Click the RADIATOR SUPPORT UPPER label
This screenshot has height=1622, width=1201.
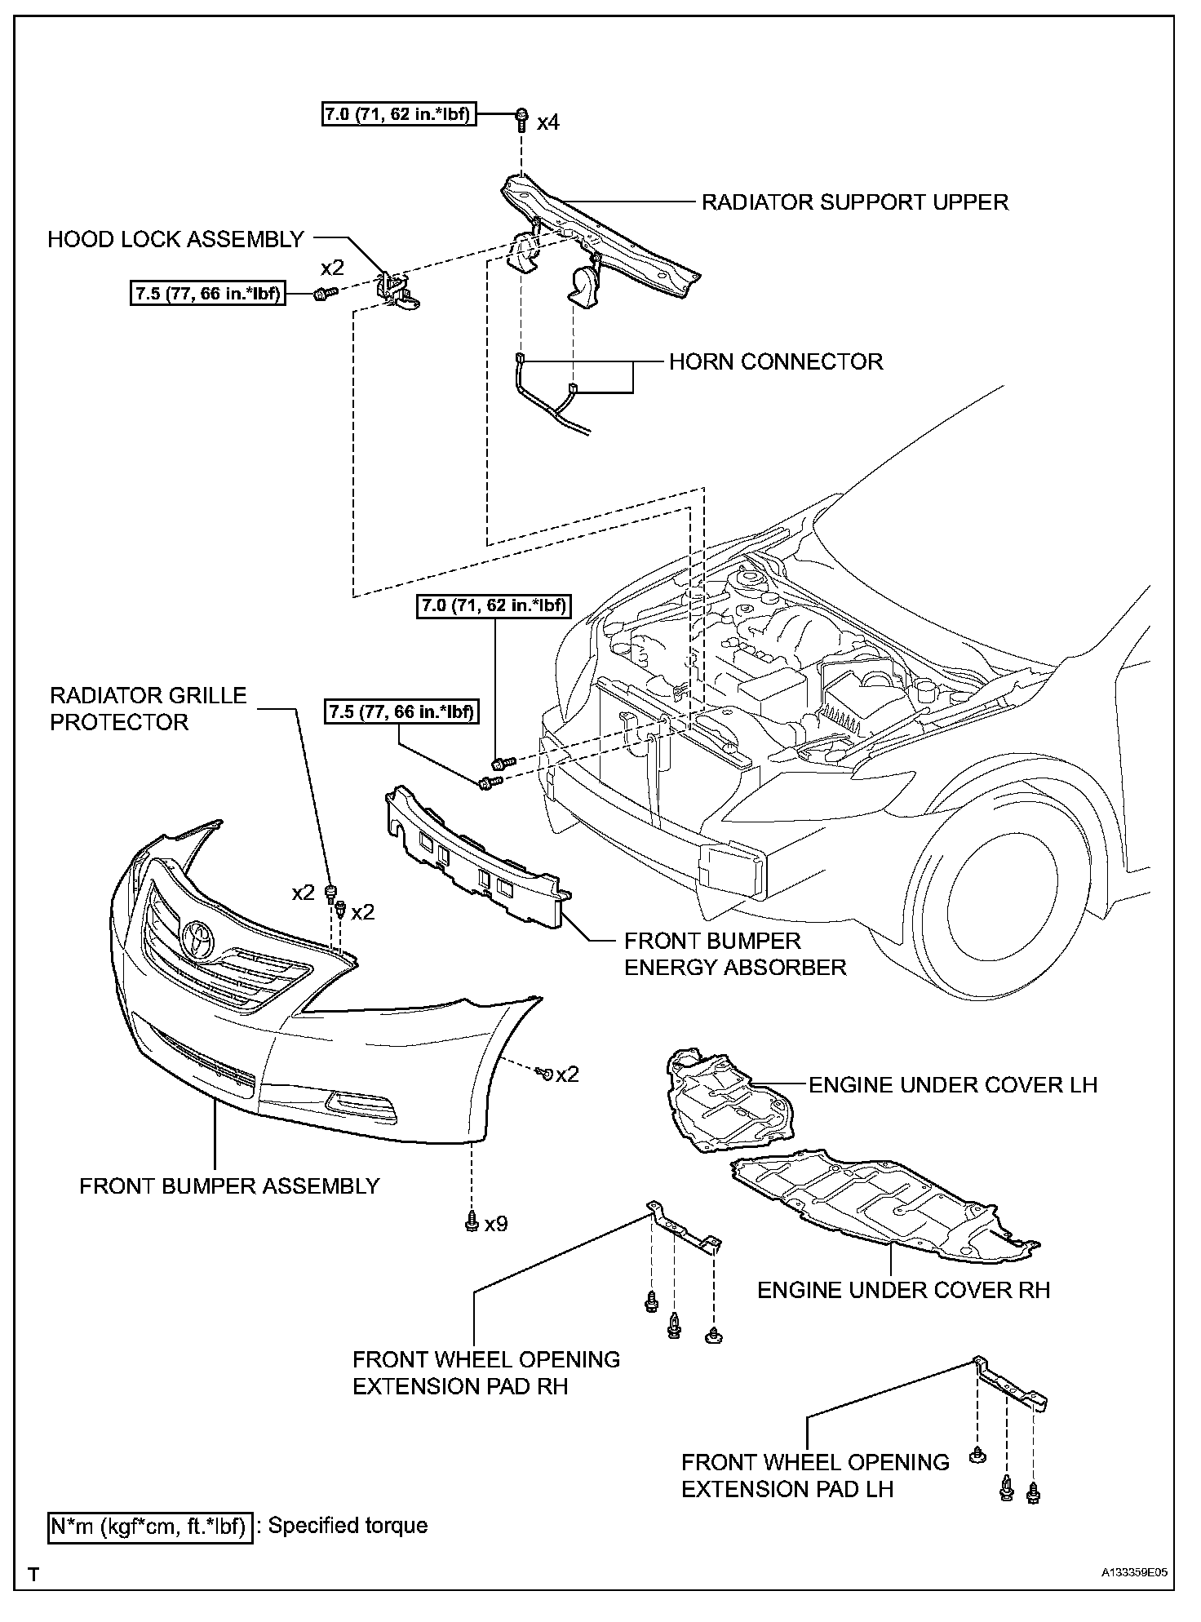pos(855,202)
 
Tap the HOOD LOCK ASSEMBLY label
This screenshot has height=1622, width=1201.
pos(175,239)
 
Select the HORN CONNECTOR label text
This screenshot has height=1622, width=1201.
pos(776,361)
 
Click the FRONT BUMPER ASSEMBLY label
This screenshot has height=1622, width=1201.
pos(229,1185)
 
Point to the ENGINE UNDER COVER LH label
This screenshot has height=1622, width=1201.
pos(953,1084)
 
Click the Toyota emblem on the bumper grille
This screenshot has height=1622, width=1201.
pos(198,938)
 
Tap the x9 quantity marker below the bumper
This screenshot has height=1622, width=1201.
pos(496,1225)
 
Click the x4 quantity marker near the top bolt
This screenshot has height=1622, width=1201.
pos(548,123)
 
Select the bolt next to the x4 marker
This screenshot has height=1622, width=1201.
pos(521,120)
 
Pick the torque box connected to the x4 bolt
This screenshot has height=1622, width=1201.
pos(398,114)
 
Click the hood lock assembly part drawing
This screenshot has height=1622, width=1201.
pos(398,290)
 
